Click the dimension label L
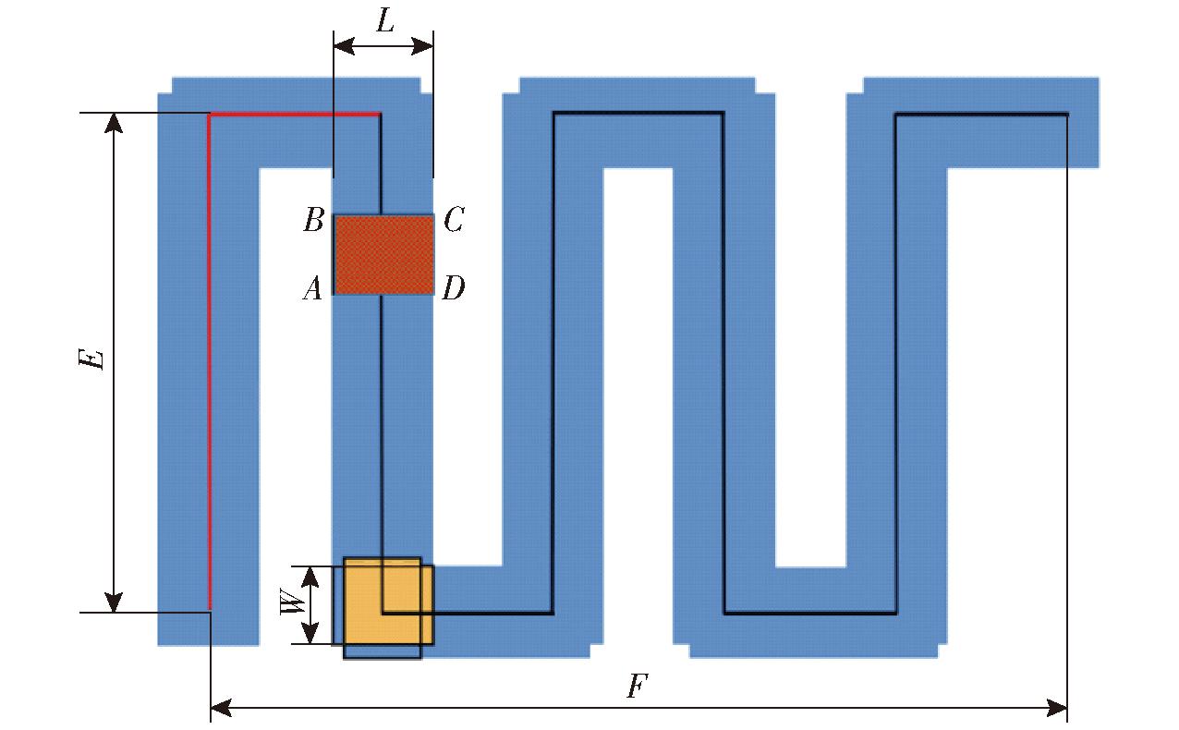385,21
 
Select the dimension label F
637,686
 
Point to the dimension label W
293,602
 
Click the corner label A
312,289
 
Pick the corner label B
314,220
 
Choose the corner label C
454,219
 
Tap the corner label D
454,288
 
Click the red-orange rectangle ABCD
384,255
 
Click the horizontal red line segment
294,115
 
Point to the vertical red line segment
210,362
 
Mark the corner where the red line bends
210,115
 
